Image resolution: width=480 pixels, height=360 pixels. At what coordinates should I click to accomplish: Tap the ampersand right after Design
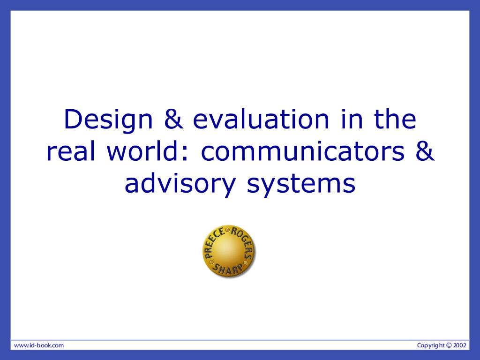tap(173, 119)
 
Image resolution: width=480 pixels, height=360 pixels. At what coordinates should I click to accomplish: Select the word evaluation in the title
tap(261, 119)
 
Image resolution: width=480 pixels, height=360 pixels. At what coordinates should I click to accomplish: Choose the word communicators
tap(302, 152)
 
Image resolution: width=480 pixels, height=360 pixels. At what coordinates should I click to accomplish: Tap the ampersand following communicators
tap(425, 151)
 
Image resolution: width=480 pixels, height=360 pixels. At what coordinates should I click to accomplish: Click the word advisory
tap(180, 185)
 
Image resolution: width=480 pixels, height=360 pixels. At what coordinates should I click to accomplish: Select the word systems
tap(301, 185)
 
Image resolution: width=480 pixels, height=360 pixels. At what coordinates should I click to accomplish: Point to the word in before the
tap(352, 119)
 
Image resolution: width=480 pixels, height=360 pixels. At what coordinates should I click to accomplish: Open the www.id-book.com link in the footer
tap(39, 345)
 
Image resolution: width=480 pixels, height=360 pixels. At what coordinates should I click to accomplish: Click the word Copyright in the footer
tap(431, 345)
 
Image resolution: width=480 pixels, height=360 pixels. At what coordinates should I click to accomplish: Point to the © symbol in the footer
tap(449, 345)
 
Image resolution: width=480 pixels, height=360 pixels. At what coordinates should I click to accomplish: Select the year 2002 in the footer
tap(460, 345)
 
